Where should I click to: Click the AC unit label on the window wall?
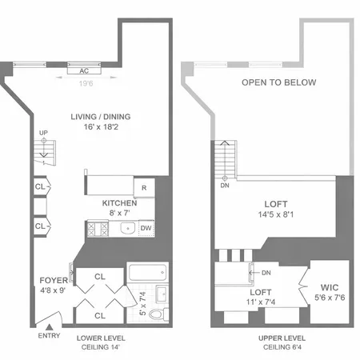[84, 69]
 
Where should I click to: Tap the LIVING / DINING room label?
[100, 117]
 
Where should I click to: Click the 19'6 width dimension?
[86, 80]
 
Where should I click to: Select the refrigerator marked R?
[143, 188]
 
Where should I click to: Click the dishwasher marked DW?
[146, 229]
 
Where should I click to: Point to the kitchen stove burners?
[99, 230]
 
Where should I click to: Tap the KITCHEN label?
[119, 203]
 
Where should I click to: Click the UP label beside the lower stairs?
[43, 133]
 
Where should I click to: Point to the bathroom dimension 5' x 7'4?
[143, 304]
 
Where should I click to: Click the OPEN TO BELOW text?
[278, 82]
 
